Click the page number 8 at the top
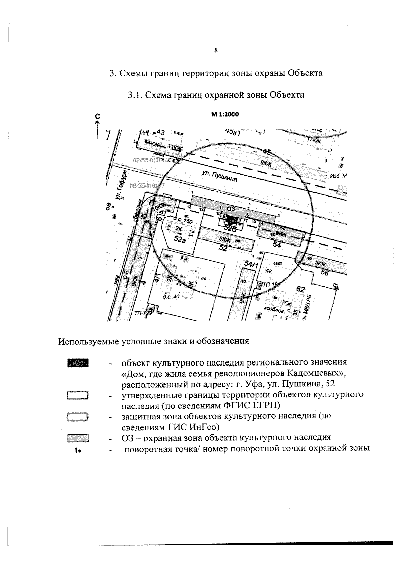pos(216,51)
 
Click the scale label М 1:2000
pos(224,114)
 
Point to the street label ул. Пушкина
pos(219,176)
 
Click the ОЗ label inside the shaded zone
pos(231,209)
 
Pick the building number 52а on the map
pos(180,239)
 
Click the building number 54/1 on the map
pos(251,265)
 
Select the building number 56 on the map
pos(324,273)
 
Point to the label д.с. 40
pos(171,296)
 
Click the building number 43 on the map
pos(161,133)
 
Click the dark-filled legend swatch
pos(78,363)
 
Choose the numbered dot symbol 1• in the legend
pos(78,451)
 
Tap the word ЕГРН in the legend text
pos(267,406)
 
